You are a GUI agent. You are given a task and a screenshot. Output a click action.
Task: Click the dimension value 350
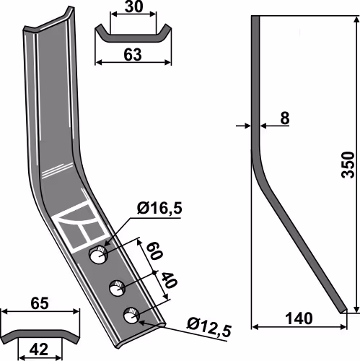pyautogui.click(x=348, y=165)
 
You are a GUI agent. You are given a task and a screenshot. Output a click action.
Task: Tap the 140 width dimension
pyautogui.click(x=299, y=318)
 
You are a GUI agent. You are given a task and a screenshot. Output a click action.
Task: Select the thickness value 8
pyautogui.click(x=285, y=118)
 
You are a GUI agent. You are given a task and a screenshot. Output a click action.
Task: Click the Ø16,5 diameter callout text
pyautogui.click(x=159, y=208)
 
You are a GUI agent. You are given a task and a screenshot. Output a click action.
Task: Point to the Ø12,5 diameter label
pyautogui.click(x=209, y=328)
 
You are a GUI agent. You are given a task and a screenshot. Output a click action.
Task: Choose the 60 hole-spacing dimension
pyautogui.click(x=154, y=251)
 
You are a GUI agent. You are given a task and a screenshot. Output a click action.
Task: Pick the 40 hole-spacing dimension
pyautogui.click(x=169, y=280)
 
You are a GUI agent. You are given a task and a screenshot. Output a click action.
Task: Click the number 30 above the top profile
pyautogui.click(x=133, y=6)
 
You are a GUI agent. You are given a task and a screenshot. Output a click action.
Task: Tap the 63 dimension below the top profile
pyautogui.click(x=133, y=55)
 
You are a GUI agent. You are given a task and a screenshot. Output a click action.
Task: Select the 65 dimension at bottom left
pyautogui.click(x=40, y=303)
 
